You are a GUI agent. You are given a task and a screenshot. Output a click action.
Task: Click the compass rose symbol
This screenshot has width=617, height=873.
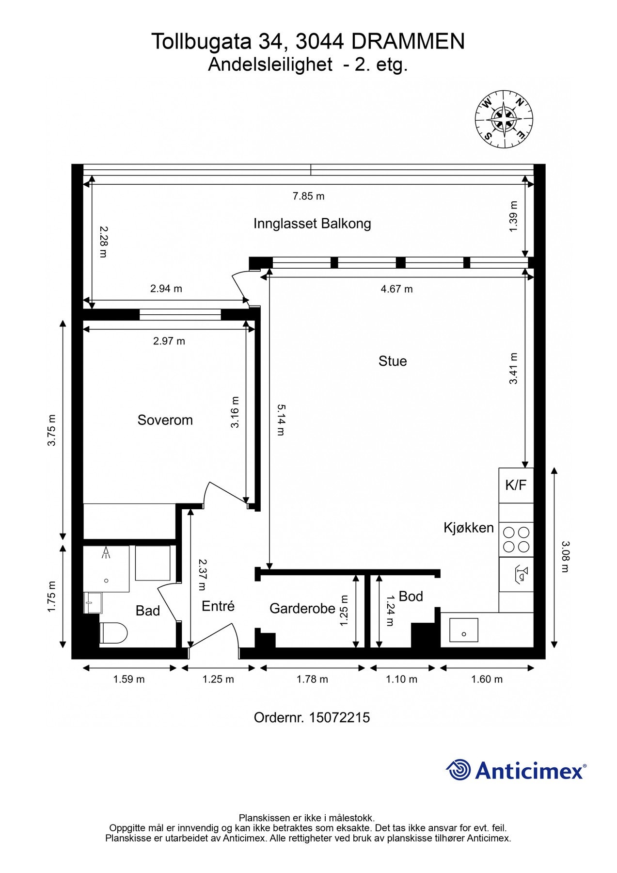[x=504, y=118]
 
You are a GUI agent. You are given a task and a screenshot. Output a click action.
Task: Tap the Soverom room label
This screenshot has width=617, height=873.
[x=165, y=420]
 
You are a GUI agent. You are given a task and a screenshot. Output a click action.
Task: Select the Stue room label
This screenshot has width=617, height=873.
[x=392, y=361]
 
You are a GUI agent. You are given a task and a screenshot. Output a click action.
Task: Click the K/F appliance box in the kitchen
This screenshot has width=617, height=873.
[x=516, y=485]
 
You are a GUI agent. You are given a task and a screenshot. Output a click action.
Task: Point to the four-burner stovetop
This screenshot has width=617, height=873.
[x=516, y=539]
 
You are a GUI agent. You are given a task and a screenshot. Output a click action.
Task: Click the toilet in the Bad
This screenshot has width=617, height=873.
[x=114, y=633]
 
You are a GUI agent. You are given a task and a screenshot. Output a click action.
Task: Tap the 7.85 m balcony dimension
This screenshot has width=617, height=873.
[x=308, y=196]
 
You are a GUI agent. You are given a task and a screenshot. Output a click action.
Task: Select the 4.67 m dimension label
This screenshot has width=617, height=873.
[x=396, y=289]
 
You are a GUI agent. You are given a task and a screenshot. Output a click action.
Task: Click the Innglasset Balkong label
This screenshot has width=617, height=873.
[x=312, y=224]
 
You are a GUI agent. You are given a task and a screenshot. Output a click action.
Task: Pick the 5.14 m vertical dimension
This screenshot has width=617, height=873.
[x=281, y=420]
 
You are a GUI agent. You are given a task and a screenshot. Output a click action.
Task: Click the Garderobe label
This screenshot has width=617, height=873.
[x=302, y=608]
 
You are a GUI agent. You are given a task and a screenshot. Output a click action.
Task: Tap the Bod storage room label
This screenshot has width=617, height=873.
[x=411, y=596]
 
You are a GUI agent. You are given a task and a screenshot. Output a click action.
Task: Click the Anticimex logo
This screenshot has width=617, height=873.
[x=516, y=770]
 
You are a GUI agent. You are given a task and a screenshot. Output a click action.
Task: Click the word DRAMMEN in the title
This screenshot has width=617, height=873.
[x=408, y=42]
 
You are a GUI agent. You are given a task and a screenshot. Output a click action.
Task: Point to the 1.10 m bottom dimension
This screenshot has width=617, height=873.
[x=401, y=679]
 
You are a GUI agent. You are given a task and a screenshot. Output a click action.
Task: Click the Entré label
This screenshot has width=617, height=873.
[x=218, y=606]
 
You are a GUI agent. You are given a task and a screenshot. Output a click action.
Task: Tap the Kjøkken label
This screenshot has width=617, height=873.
[x=468, y=528]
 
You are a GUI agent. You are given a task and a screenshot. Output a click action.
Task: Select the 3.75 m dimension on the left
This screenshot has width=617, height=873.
[x=51, y=430]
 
